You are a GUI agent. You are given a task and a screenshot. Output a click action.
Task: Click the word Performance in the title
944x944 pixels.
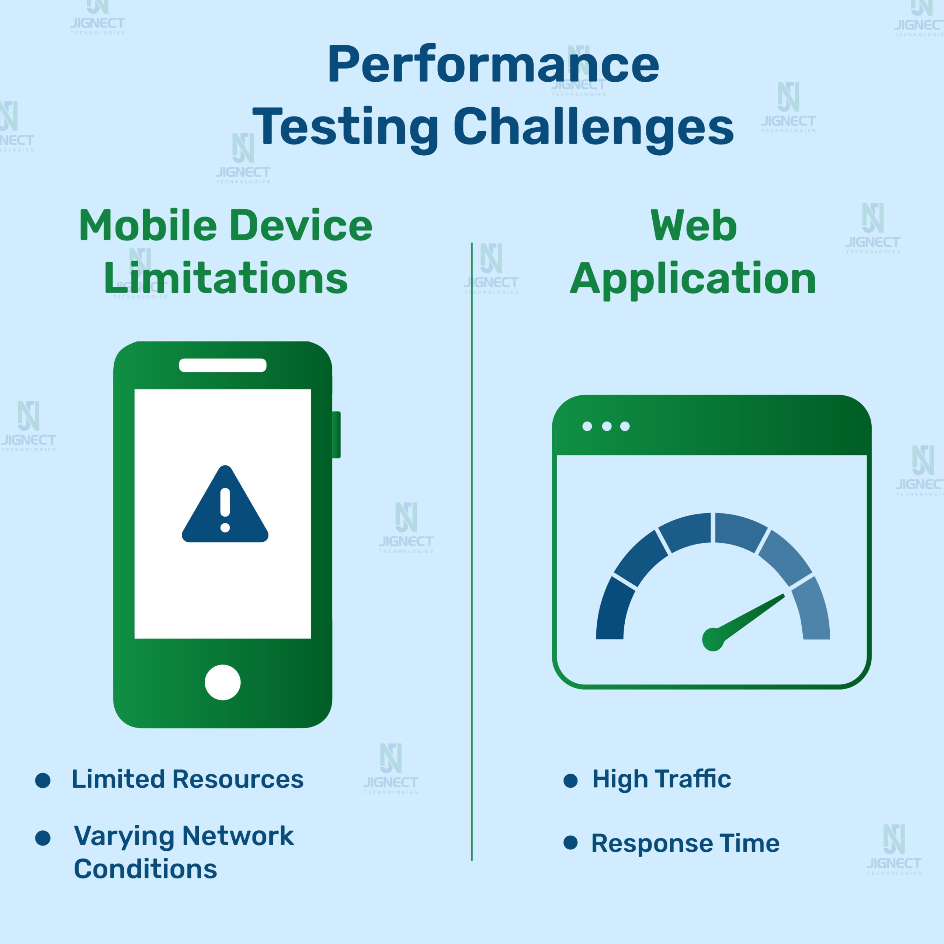[x=493, y=65]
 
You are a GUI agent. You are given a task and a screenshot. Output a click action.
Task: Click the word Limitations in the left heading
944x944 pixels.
[x=226, y=278]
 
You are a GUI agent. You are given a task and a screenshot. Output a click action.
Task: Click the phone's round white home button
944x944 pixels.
[x=223, y=682]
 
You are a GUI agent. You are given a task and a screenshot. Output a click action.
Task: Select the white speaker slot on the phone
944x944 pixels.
[x=223, y=365]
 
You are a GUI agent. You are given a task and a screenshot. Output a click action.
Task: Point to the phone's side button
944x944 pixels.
[x=336, y=434]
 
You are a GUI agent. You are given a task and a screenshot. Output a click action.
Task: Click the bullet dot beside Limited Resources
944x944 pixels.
[x=43, y=780]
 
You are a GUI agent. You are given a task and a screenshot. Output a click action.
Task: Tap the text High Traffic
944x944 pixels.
[x=662, y=779]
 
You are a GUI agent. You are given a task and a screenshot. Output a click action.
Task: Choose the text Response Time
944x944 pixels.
[x=685, y=843]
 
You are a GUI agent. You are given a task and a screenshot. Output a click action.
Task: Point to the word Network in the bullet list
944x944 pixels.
[x=238, y=836]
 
